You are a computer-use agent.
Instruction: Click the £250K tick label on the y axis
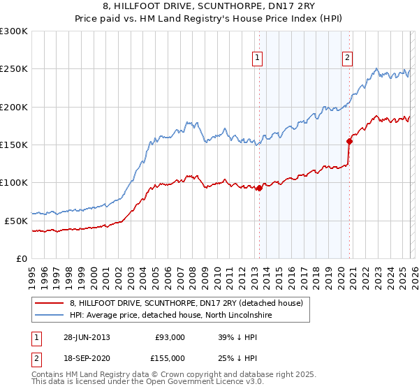(14, 69)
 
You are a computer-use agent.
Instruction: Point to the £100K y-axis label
(14, 182)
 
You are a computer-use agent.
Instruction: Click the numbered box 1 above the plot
(258, 58)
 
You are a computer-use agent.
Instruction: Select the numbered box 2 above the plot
(347, 58)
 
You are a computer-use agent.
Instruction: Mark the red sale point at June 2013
(259, 188)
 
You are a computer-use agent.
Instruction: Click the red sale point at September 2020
(350, 141)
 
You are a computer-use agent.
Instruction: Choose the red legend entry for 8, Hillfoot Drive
(186, 303)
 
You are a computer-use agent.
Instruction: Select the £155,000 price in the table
(170, 358)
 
